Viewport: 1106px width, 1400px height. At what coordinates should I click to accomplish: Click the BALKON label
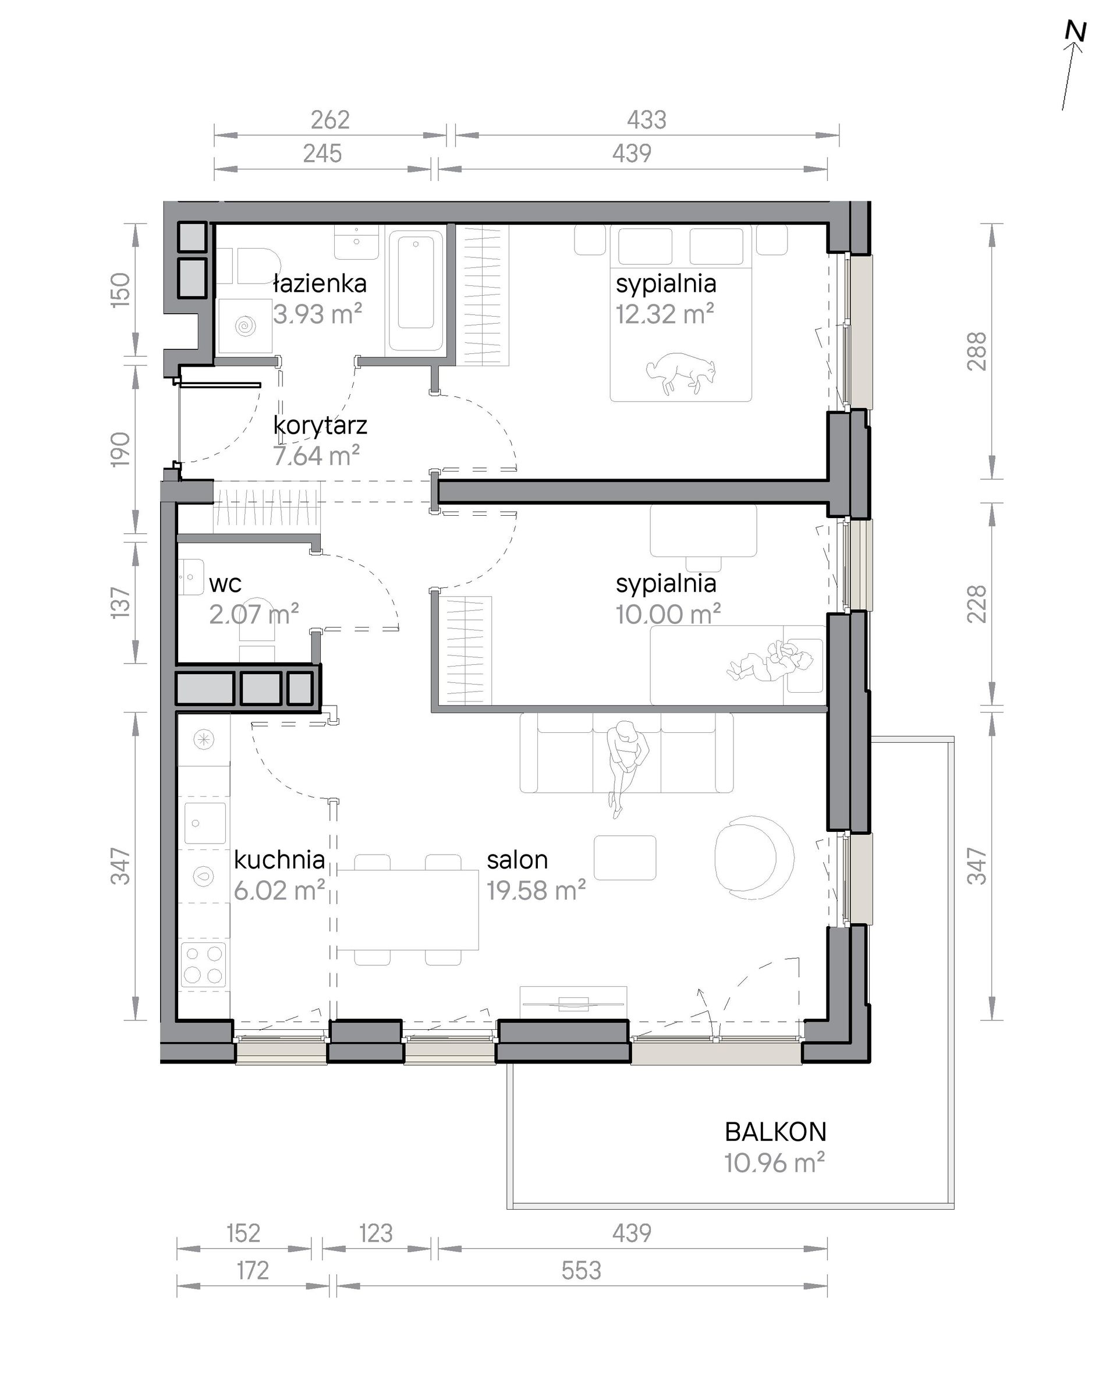pyautogui.click(x=775, y=1132)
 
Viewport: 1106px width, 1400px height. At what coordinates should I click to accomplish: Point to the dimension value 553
pyautogui.click(x=581, y=1271)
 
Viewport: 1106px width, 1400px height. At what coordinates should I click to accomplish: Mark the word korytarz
pyautogui.click(x=320, y=426)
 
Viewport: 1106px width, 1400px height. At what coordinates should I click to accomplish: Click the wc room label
pyautogui.click(x=225, y=584)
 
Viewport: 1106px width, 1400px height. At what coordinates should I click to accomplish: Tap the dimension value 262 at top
pyautogui.click(x=329, y=120)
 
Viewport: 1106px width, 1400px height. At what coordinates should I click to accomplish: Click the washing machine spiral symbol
pyautogui.click(x=246, y=325)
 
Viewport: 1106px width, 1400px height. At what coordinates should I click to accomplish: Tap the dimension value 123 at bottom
pyautogui.click(x=375, y=1233)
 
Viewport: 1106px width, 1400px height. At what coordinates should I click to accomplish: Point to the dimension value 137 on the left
pyautogui.click(x=121, y=602)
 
